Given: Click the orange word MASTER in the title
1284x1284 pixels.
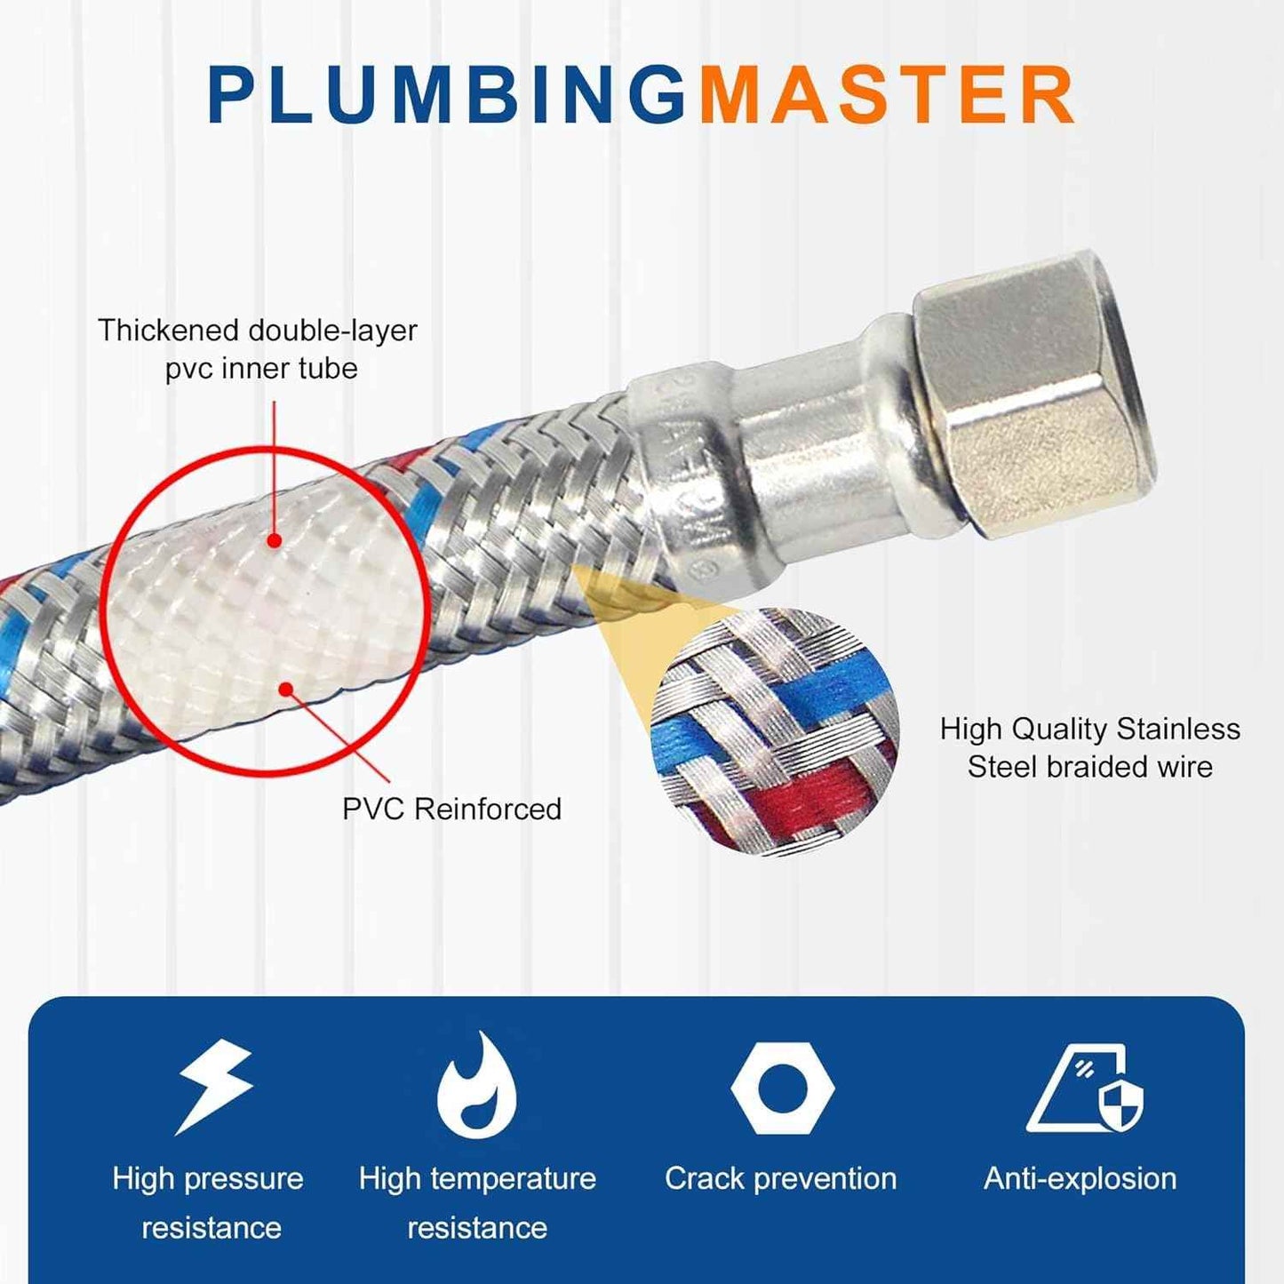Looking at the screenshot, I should (x=887, y=95).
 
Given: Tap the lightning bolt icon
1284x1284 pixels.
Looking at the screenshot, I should (x=214, y=1086).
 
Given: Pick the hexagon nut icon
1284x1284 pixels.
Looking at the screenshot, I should (x=782, y=1089).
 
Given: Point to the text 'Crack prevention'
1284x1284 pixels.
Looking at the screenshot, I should (x=780, y=1178).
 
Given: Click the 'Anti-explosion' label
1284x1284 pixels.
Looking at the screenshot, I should (x=1080, y=1178).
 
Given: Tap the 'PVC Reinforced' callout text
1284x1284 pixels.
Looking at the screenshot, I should (x=451, y=809).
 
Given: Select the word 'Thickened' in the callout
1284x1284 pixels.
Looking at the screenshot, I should (x=169, y=331).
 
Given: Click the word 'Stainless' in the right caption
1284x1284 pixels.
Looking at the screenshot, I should (x=1177, y=729).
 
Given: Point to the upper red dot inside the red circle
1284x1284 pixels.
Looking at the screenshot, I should (x=275, y=539).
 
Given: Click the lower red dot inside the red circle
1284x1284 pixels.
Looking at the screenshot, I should (x=286, y=689).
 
